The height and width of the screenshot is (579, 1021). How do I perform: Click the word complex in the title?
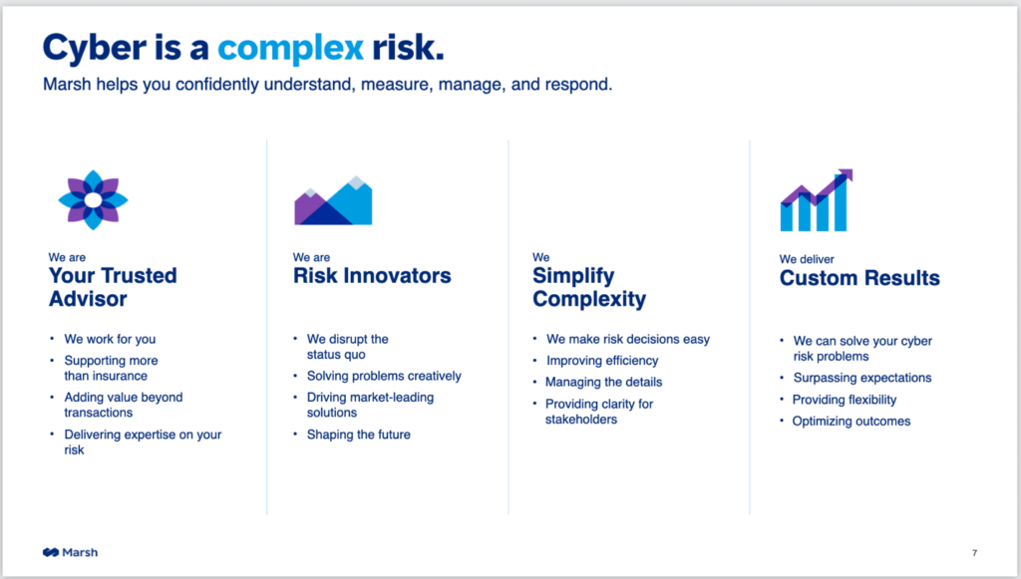coord(290,49)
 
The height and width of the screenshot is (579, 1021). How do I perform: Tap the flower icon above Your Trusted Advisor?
coord(93,199)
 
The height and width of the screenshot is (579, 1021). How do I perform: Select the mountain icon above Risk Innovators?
coord(333,200)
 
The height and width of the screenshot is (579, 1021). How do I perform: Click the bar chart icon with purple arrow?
coord(817,200)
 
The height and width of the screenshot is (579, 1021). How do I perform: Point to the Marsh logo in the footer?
coord(71,552)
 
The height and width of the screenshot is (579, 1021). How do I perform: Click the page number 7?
coord(975,553)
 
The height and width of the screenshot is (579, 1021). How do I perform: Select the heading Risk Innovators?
coord(372,276)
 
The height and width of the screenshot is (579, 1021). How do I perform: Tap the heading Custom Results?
coord(859,278)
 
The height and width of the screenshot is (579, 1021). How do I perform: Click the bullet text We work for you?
coord(110,339)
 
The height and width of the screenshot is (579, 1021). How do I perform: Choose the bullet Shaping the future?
coord(359,434)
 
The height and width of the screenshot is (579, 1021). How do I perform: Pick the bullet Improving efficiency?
coord(602,361)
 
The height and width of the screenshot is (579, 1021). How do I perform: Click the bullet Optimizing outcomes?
coord(851,421)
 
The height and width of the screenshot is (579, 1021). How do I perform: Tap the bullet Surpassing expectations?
coord(862,378)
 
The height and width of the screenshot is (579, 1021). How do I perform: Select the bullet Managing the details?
coord(603,382)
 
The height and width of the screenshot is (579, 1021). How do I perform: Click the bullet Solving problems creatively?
coord(384,376)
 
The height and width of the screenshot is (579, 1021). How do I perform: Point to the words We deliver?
coord(807,259)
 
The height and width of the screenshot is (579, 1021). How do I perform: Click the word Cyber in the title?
coord(95,49)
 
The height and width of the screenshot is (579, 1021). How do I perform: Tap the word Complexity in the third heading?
coord(589,299)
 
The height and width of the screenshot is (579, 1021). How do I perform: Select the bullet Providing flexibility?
coord(845,400)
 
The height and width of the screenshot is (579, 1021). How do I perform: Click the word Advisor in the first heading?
coord(88,299)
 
